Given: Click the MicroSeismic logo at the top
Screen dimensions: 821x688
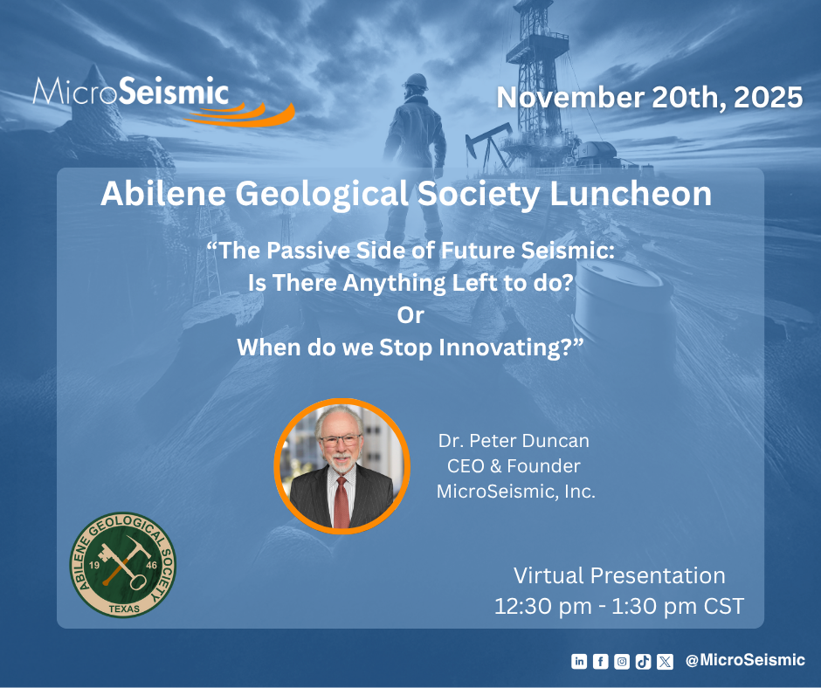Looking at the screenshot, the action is coord(163,100).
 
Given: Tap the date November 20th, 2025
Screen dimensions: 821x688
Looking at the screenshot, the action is coord(649,98).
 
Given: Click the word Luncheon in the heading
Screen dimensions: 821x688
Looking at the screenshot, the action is coord(631,194).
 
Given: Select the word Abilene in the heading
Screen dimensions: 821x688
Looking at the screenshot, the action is coord(163,194).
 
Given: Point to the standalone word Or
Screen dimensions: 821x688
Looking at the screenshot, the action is coord(410,315).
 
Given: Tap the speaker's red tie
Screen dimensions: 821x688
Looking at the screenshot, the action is coord(342,502).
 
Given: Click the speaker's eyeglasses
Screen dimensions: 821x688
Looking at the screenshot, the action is coord(341,440).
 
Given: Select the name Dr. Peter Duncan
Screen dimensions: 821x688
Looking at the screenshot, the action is coord(514,441).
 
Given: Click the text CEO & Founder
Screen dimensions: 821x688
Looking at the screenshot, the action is coord(514,466).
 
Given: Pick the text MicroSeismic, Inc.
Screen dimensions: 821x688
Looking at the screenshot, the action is coord(515,492).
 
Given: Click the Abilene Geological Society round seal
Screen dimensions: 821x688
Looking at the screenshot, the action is coord(123,565).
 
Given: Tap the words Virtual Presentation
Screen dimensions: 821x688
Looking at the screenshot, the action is coord(619,576).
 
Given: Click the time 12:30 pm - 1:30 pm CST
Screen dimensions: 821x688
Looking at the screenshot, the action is coord(619,606).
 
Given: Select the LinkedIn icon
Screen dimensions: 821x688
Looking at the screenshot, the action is coord(578,661).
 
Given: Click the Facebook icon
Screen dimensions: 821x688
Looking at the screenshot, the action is coord(600,661).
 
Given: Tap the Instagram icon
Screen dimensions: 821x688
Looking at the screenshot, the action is coord(622,661).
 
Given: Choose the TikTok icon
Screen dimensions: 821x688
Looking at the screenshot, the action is coord(643,661).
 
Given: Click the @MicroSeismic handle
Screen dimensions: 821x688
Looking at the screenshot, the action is coord(745,660).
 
